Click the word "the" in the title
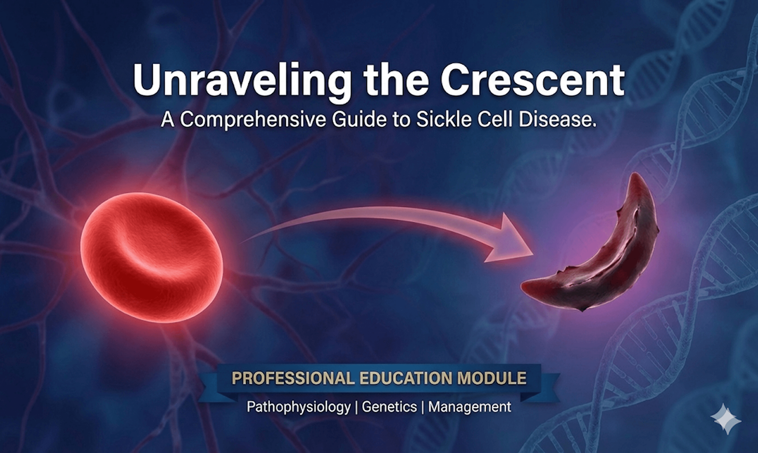(395, 80)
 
